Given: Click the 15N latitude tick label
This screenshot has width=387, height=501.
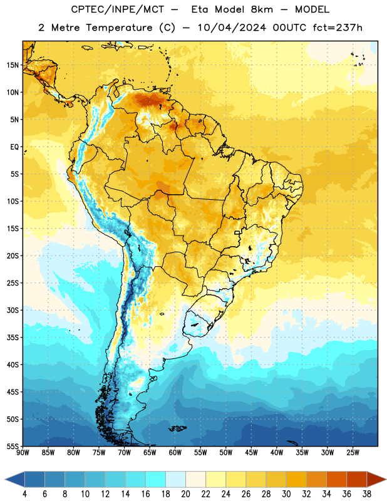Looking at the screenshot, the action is [13, 65].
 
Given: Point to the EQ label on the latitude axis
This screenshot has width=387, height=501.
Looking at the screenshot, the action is [14, 147].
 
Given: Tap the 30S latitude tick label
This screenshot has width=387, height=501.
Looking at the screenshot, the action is [13, 310].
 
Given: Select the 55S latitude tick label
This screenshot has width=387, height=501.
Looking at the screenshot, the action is [13, 446].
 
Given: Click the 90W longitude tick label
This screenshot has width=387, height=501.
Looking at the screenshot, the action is [23, 453].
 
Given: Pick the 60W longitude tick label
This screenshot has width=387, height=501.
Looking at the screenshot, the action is [175, 453].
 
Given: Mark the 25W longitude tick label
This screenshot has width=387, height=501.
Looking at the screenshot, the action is [353, 453].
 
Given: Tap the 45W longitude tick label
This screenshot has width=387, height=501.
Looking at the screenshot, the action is [252, 453].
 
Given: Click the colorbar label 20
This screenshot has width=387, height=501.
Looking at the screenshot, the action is [185, 494].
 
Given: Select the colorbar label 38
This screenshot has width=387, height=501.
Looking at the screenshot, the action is [367, 494].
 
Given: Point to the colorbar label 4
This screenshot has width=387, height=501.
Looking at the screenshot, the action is [24, 494].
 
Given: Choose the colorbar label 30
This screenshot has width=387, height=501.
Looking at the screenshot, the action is [286, 494].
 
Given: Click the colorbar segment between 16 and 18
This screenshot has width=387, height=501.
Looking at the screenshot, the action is [156, 479].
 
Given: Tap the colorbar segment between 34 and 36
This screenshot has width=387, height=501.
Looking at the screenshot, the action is [336, 479].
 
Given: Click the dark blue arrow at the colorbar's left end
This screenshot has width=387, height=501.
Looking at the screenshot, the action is [14, 479].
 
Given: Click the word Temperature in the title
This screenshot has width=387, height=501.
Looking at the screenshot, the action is [119, 28].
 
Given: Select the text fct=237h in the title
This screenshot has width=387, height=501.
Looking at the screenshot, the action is [338, 28].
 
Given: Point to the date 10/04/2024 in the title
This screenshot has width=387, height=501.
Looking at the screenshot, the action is [232, 28].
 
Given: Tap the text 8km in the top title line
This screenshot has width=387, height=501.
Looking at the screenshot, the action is [262, 9].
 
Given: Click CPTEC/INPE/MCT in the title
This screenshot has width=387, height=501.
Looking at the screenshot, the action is [117, 9].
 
